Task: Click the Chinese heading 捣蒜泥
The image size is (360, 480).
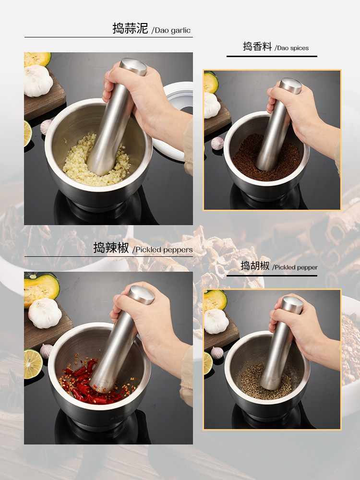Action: [130, 28]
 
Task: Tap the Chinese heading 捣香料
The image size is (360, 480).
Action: [257, 47]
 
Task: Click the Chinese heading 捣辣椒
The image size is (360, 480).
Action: [111, 248]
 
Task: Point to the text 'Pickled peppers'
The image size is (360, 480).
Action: [164, 250]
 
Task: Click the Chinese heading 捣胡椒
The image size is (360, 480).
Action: [255, 266]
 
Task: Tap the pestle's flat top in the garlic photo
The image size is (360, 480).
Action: [133, 66]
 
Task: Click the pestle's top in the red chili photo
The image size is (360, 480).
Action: [141, 294]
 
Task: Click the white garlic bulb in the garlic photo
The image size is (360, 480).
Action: [38, 81]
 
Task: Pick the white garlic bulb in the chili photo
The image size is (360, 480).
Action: [45, 313]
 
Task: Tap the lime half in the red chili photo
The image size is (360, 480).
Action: [33, 363]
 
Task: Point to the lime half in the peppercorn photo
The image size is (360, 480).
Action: [207, 363]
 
